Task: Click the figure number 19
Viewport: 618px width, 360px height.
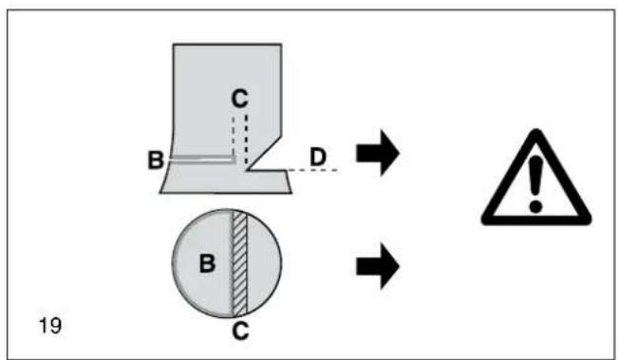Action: click(50, 326)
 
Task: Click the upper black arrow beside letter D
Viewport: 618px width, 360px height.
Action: click(378, 153)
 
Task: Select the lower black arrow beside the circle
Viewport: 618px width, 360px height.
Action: click(378, 266)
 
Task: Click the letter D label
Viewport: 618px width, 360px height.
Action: click(318, 157)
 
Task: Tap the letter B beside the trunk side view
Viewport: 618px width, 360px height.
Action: click(156, 161)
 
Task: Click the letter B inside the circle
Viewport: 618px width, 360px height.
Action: click(207, 263)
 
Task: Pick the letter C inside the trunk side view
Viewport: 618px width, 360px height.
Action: click(239, 98)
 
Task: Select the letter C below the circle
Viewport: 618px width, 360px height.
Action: click(240, 331)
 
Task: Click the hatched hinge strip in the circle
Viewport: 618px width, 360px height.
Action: click(239, 263)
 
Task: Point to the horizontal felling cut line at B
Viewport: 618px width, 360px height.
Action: click(202, 159)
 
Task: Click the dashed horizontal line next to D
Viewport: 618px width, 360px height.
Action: click(312, 170)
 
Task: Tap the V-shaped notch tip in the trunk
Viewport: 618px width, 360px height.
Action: click(246, 170)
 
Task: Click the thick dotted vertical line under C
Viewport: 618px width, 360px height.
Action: click(246, 140)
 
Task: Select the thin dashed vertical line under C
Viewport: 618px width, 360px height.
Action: click(234, 135)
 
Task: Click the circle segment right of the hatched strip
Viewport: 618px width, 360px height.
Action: click(263, 263)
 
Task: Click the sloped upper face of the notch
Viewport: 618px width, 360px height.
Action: click(264, 153)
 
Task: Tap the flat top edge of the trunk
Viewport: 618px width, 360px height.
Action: click(227, 44)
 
